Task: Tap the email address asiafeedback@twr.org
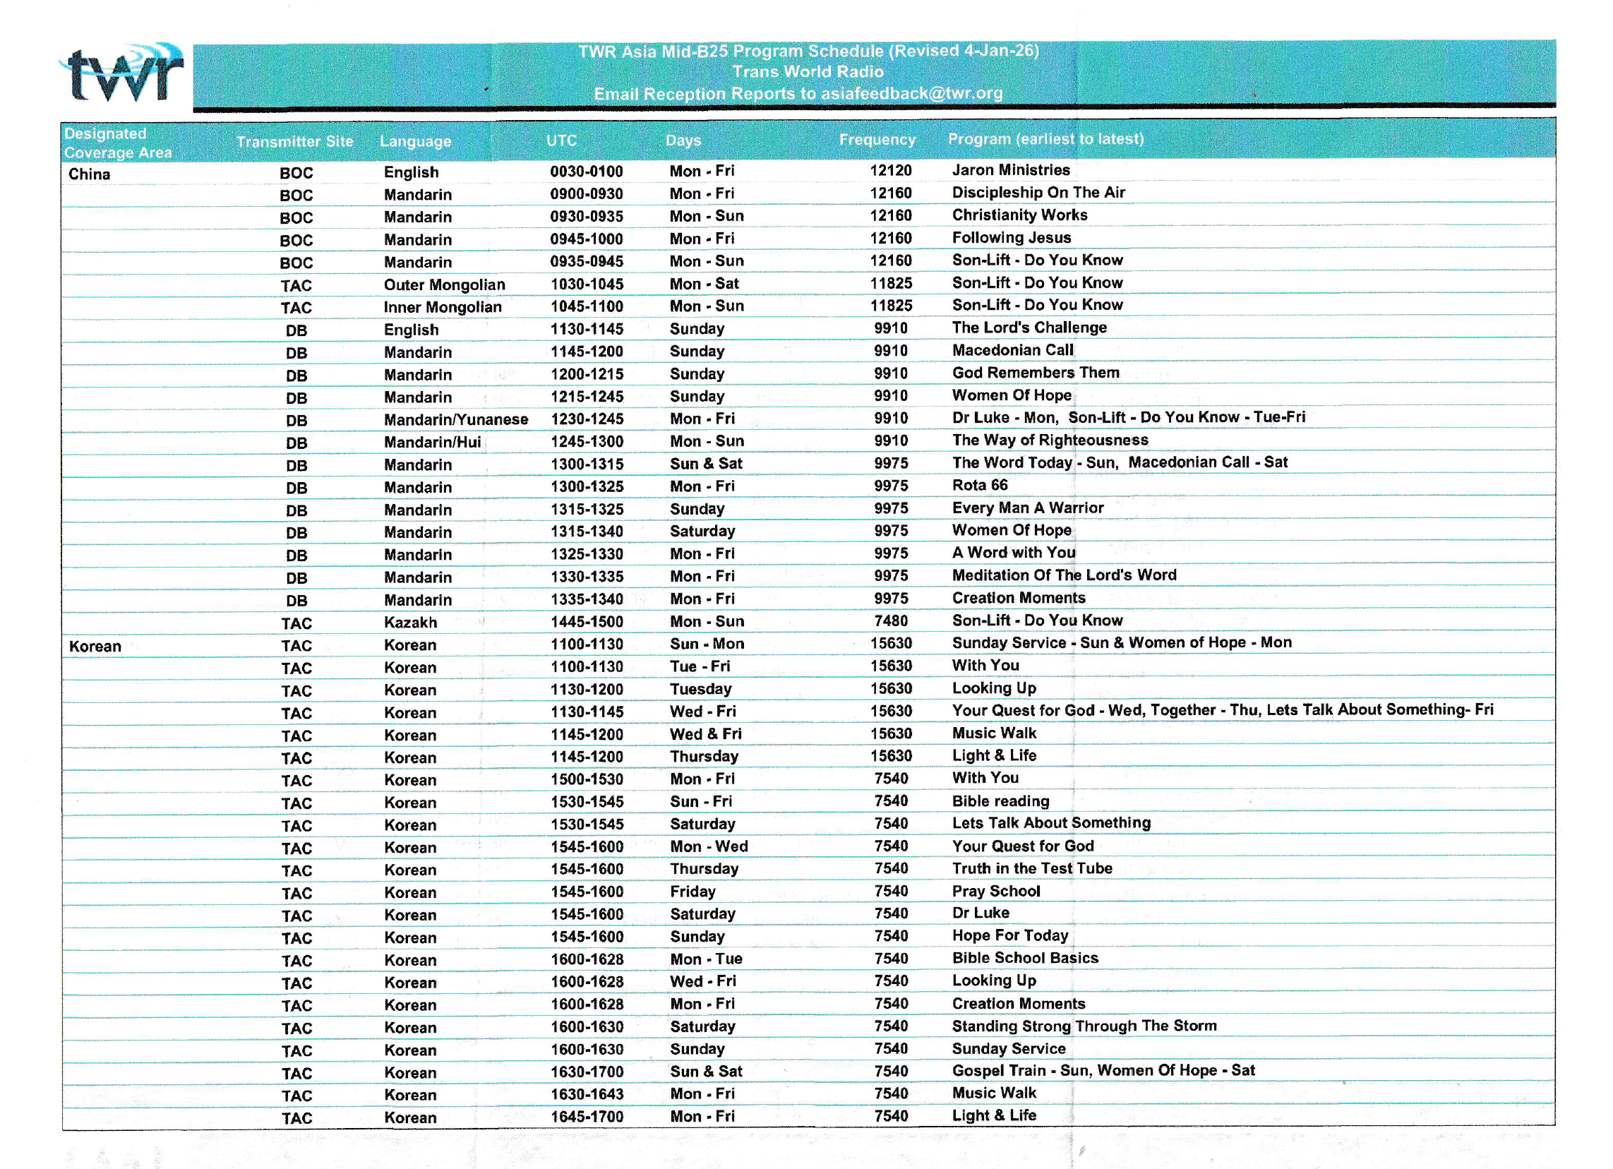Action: [x=912, y=93]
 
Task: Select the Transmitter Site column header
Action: [x=294, y=141]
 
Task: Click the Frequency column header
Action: [x=877, y=139]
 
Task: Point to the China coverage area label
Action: [x=90, y=174]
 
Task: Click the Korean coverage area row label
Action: [x=95, y=647]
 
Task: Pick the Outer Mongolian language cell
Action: [x=445, y=284]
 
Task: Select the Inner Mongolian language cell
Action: [x=443, y=307]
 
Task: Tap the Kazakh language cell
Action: [x=410, y=622]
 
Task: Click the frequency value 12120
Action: [x=890, y=171]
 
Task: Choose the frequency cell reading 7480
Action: [x=890, y=621]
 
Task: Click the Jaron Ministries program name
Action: [x=1011, y=170]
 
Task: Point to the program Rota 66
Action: [x=979, y=485]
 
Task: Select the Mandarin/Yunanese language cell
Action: [x=456, y=419]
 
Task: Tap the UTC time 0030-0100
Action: [x=586, y=172]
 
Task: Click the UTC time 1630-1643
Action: [x=587, y=1094]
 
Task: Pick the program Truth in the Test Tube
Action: [x=1032, y=868]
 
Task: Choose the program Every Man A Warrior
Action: [x=1028, y=508]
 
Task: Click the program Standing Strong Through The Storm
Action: [x=1084, y=1026]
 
